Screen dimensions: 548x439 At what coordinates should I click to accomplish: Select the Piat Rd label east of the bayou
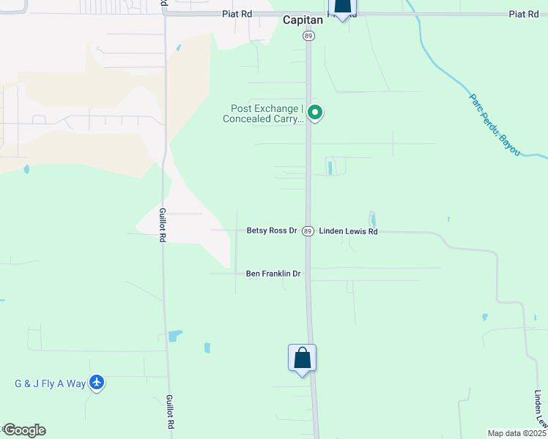pyautogui.click(x=523, y=15)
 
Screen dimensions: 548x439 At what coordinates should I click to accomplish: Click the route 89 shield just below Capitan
pyautogui.click(x=309, y=36)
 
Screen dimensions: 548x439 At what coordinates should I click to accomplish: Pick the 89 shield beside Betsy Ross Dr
pyautogui.click(x=308, y=231)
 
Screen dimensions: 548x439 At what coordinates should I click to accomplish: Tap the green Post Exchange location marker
pyautogui.click(x=315, y=113)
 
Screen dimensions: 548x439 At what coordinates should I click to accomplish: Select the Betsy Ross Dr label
pyautogui.click(x=271, y=231)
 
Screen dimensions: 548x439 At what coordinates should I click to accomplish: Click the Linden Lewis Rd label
pyautogui.click(x=348, y=231)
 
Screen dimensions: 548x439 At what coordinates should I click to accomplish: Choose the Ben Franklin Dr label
pyautogui.click(x=273, y=274)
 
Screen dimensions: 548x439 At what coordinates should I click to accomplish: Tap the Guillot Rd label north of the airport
pyautogui.click(x=162, y=223)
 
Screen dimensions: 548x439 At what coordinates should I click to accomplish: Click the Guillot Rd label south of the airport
pyautogui.click(x=170, y=412)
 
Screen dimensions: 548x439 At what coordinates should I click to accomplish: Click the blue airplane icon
pyautogui.click(x=97, y=382)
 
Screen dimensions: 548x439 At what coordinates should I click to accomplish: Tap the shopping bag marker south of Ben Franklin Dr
pyautogui.click(x=302, y=359)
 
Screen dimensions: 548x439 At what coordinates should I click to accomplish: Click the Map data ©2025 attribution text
pyautogui.click(x=516, y=433)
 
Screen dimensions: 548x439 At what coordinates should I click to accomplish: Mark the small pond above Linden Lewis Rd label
pyautogui.click(x=372, y=219)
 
